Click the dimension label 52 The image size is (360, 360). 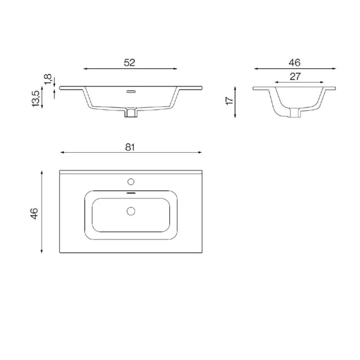click(x=129, y=63)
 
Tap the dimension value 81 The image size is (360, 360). click(x=130, y=147)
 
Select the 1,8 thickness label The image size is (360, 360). click(x=48, y=79)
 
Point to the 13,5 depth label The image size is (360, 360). click(x=36, y=99)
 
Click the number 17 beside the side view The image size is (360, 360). click(x=230, y=101)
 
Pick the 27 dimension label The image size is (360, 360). click(x=295, y=76)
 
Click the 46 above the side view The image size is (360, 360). click(x=294, y=63)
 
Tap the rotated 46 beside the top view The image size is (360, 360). click(x=34, y=213)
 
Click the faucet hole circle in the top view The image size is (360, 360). click(x=131, y=182)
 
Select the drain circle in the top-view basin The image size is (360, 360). click(x=131, y=211)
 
